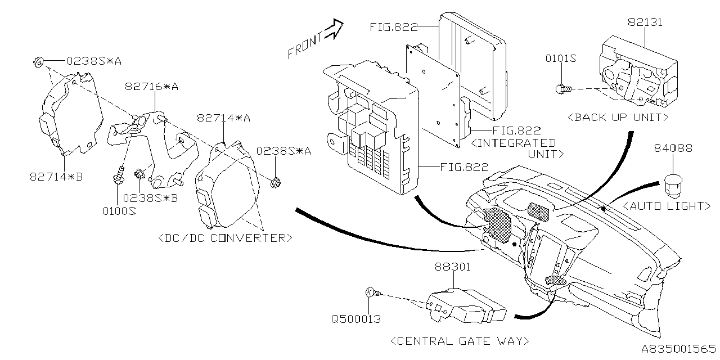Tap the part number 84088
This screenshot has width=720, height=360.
pyautogui.click(x=673, y=148)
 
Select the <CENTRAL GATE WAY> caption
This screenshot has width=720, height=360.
pyautogui.click(x=459, y=340)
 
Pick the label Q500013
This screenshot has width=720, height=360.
pyautogui.click(x=355, y=319)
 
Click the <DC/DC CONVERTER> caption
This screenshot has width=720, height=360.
pyautogui.click(x=225, y=237)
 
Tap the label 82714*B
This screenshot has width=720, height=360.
pyautogui.click(x=56, y=177)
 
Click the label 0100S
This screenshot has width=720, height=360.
pyautogui.click(x=119, y=211)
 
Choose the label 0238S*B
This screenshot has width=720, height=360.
pyautogui.click(x=150, y=197)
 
